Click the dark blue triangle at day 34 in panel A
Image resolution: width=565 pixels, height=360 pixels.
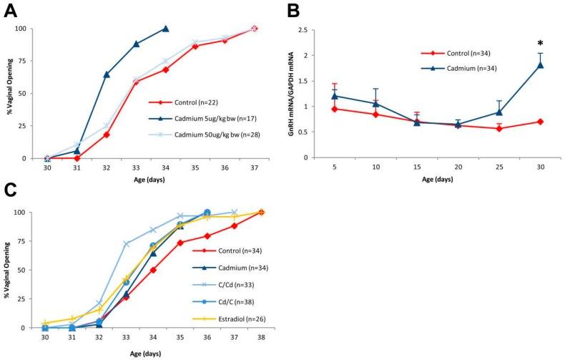(166, 29)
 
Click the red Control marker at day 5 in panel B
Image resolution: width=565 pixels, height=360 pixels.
(334, 109)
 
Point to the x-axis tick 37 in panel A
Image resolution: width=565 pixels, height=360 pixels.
(255, 170)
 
